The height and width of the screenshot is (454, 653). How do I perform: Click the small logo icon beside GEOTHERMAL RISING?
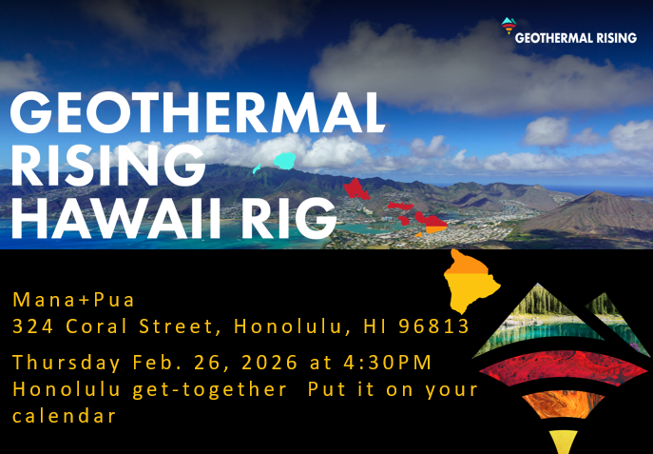508,30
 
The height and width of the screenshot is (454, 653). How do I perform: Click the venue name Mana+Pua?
74,300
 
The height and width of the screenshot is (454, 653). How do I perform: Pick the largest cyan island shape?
284,160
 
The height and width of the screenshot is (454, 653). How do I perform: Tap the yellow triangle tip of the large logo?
564,441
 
